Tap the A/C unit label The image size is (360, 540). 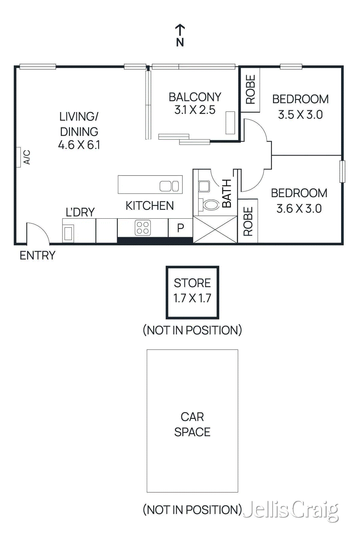[27, 157]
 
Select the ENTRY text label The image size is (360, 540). [37, 255]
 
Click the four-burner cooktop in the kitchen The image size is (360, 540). [143, 228]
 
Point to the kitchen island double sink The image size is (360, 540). [169, 186]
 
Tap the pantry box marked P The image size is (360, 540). [181, 228]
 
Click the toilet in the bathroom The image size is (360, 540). [211, 205]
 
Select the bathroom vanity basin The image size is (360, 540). [204, 186]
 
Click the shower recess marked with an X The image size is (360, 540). [215, 230]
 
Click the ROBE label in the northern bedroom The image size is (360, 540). [250, 89]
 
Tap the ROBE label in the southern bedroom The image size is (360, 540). [248, 221]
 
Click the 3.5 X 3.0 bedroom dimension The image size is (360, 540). [300, 115]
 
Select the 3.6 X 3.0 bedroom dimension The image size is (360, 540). [299, 209]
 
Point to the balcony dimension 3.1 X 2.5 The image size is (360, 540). [195, 110]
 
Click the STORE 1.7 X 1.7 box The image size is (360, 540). [192, 292]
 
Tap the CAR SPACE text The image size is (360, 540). [192, 424]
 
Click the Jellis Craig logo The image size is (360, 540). [290, 510]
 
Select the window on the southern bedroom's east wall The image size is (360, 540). [342, 171]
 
